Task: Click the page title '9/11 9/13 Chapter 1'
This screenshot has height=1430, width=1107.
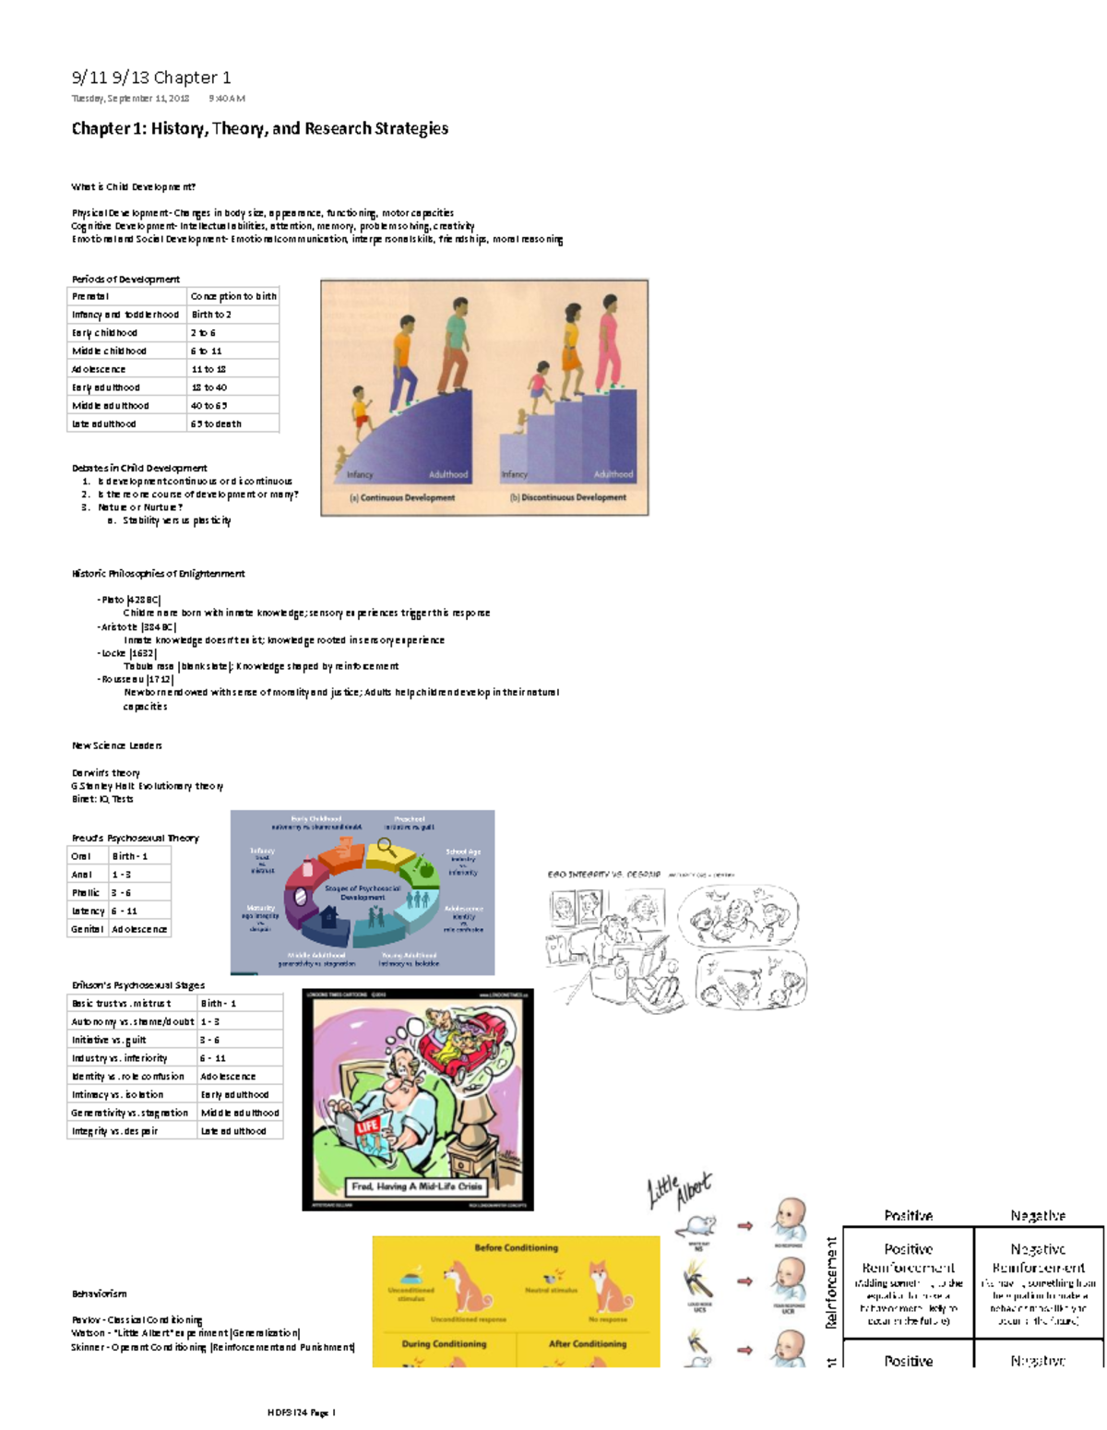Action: [151, 77]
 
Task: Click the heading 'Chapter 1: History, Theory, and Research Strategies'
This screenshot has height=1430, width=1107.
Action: [260, 128]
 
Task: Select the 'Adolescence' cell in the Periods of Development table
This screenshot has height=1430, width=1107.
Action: [99, 369]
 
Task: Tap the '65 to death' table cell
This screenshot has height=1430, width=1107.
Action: [216, 424]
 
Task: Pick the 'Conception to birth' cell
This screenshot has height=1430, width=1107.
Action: [233, 296]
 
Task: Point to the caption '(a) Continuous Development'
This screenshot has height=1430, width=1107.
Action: [402, 497]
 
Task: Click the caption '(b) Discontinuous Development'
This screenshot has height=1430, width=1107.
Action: [568, 497]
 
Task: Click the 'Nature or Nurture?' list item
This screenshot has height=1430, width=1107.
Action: [140, 506]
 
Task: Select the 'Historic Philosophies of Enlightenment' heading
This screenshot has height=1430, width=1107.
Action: [159, 574]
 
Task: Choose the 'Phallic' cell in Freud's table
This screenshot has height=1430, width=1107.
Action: [86, 893]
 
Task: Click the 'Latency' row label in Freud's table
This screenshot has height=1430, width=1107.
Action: [88, 912]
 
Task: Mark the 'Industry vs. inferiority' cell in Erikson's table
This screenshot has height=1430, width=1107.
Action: [119, 1058]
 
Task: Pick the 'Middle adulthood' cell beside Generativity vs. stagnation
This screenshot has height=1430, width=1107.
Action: [240, 1113]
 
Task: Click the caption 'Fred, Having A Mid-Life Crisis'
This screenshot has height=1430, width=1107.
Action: [417, 1186]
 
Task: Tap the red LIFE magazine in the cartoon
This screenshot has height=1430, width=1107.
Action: [367, 1127]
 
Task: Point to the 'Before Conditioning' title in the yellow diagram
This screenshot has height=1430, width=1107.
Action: [517, 1247]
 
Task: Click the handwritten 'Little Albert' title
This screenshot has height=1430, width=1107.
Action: [680, 1190]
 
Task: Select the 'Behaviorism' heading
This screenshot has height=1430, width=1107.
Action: [100, 1293]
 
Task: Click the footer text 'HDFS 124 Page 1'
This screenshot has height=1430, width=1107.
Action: [302, 1412]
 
